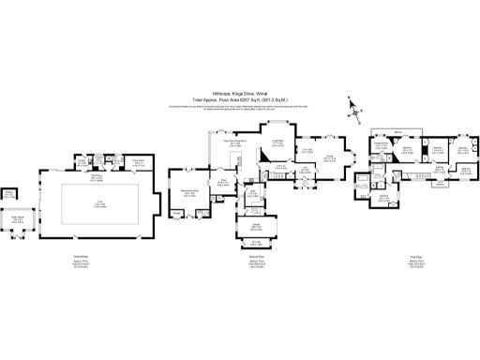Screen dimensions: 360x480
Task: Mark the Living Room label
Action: pos(277,141)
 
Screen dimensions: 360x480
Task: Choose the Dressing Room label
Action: pos(382,145)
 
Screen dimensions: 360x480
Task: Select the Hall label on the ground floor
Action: pos(305,169)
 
